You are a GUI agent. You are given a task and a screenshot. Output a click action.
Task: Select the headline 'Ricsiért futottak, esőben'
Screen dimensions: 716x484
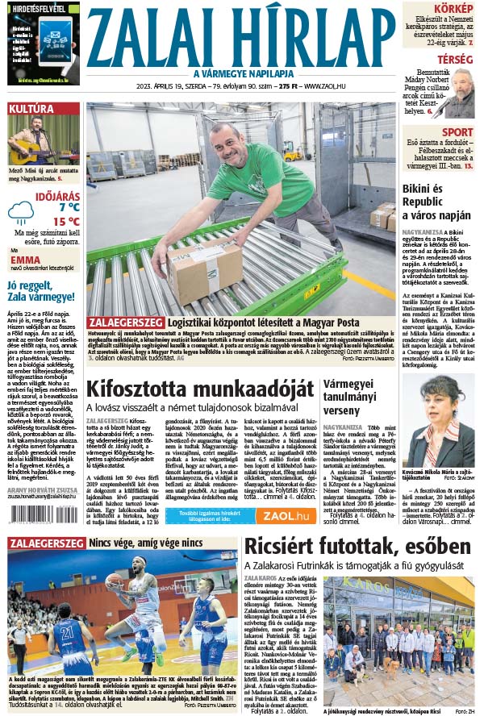(357, 546)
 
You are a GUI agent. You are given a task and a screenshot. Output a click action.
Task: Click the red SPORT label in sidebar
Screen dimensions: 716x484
(457, 132)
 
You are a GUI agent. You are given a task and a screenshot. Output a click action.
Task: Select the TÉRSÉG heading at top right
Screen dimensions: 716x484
(455, 60)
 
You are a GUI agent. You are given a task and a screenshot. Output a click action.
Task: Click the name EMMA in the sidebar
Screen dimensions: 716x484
(26, 260)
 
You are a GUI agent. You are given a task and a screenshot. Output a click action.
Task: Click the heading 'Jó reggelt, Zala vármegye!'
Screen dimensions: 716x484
(40, 292)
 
